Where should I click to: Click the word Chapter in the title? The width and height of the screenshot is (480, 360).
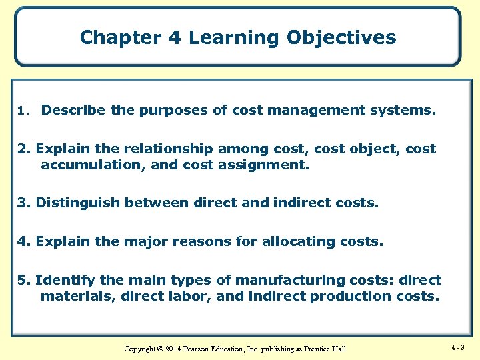[121, 37]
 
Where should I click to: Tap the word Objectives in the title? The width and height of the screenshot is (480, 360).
[341, 37]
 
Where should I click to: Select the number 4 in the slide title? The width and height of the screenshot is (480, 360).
[175, 37]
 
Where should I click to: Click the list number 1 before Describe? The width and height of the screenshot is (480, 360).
[22, 111]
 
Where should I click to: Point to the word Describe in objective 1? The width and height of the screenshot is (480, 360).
[73, 110]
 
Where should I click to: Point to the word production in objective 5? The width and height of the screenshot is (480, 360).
[346, 295]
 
